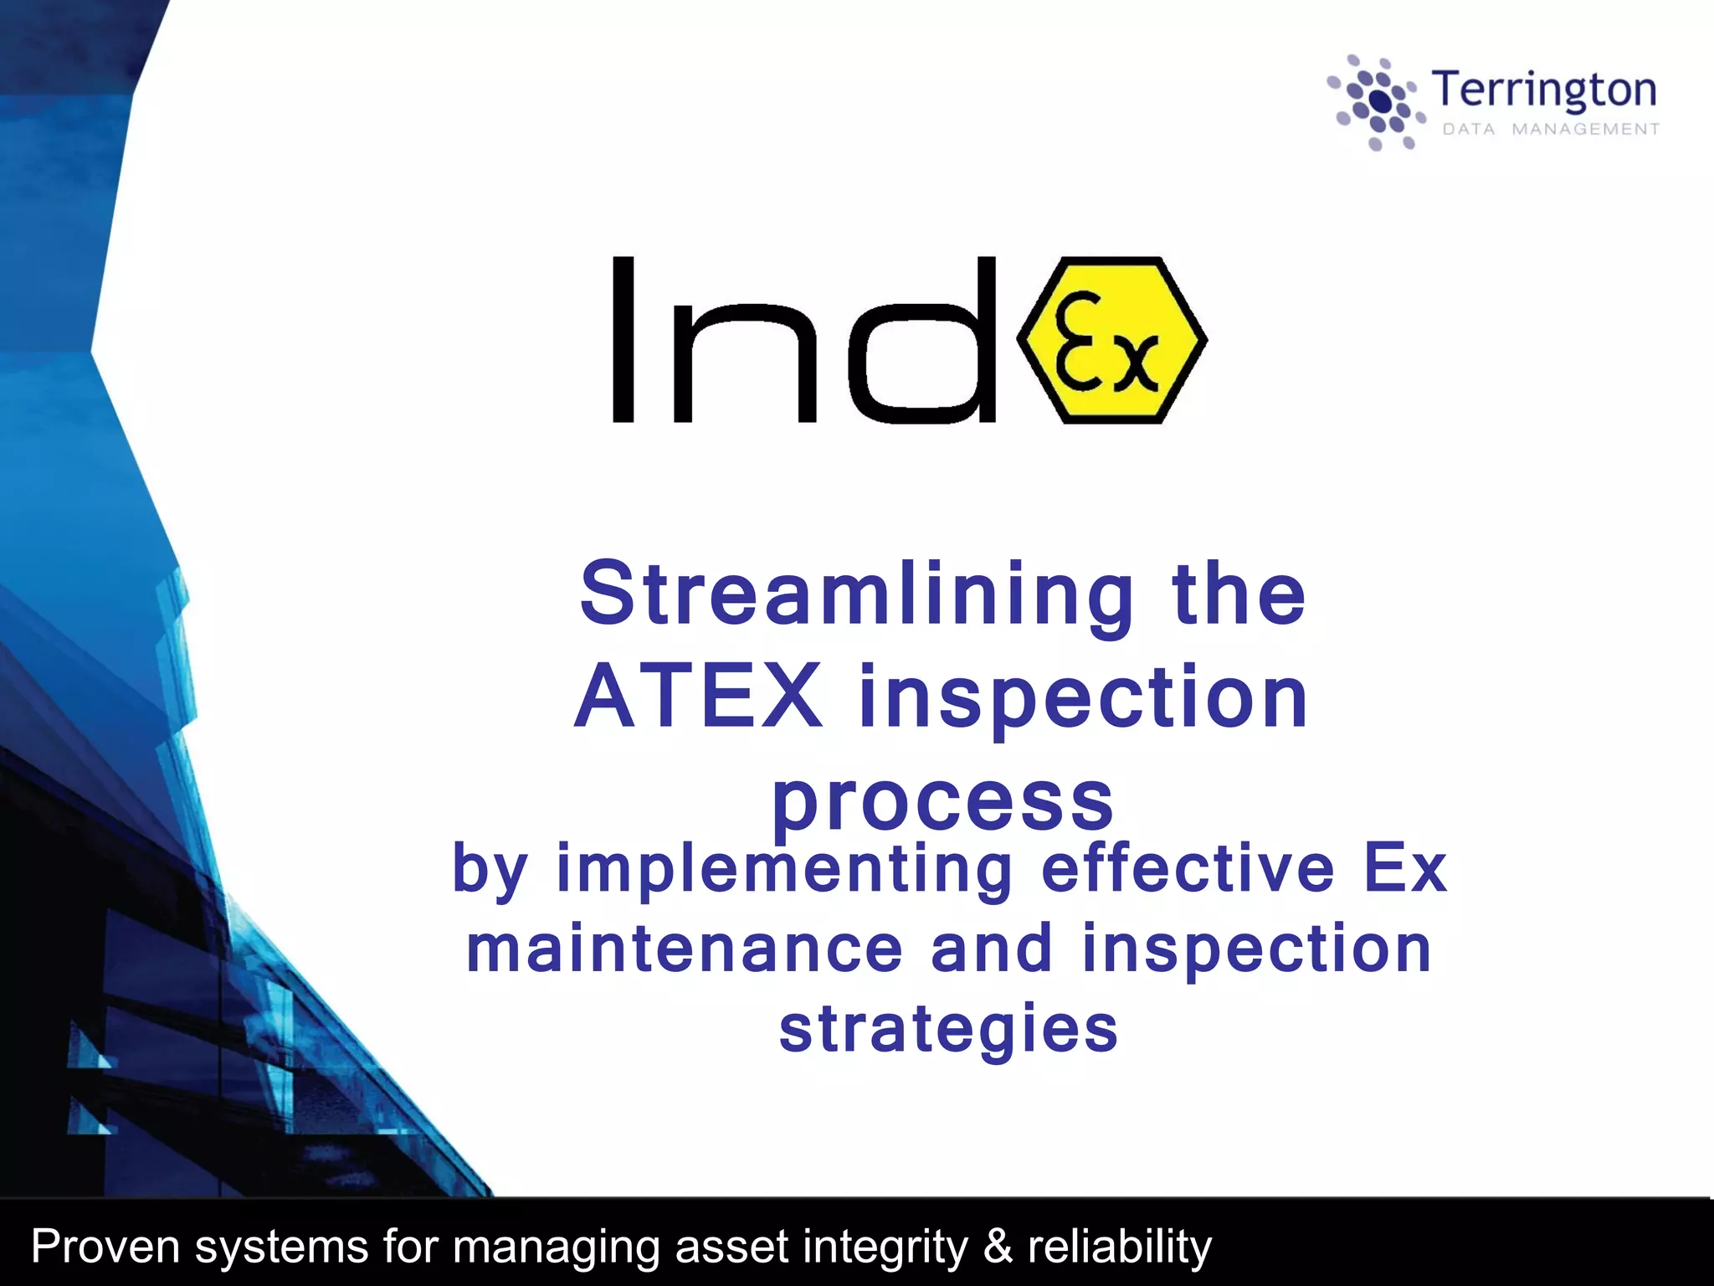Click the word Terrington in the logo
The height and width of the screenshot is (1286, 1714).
(x=1544, y=90)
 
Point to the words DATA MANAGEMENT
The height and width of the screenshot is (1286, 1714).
(x=1551, y=129)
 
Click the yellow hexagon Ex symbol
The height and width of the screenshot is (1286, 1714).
(x=1111, y=340)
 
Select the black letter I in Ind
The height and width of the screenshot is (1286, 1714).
(x=624, y=339)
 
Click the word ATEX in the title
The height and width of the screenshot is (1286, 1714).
(x=700, y=697)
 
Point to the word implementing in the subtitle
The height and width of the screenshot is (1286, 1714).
(x=784, y=869)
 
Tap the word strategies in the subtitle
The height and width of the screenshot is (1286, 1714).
(x=948, y=1030)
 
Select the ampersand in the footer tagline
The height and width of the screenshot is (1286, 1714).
(x=998, y=1246)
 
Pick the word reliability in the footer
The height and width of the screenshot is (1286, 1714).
(x=1119, y=1246)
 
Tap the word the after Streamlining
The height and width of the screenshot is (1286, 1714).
(x=1239, y=594)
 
